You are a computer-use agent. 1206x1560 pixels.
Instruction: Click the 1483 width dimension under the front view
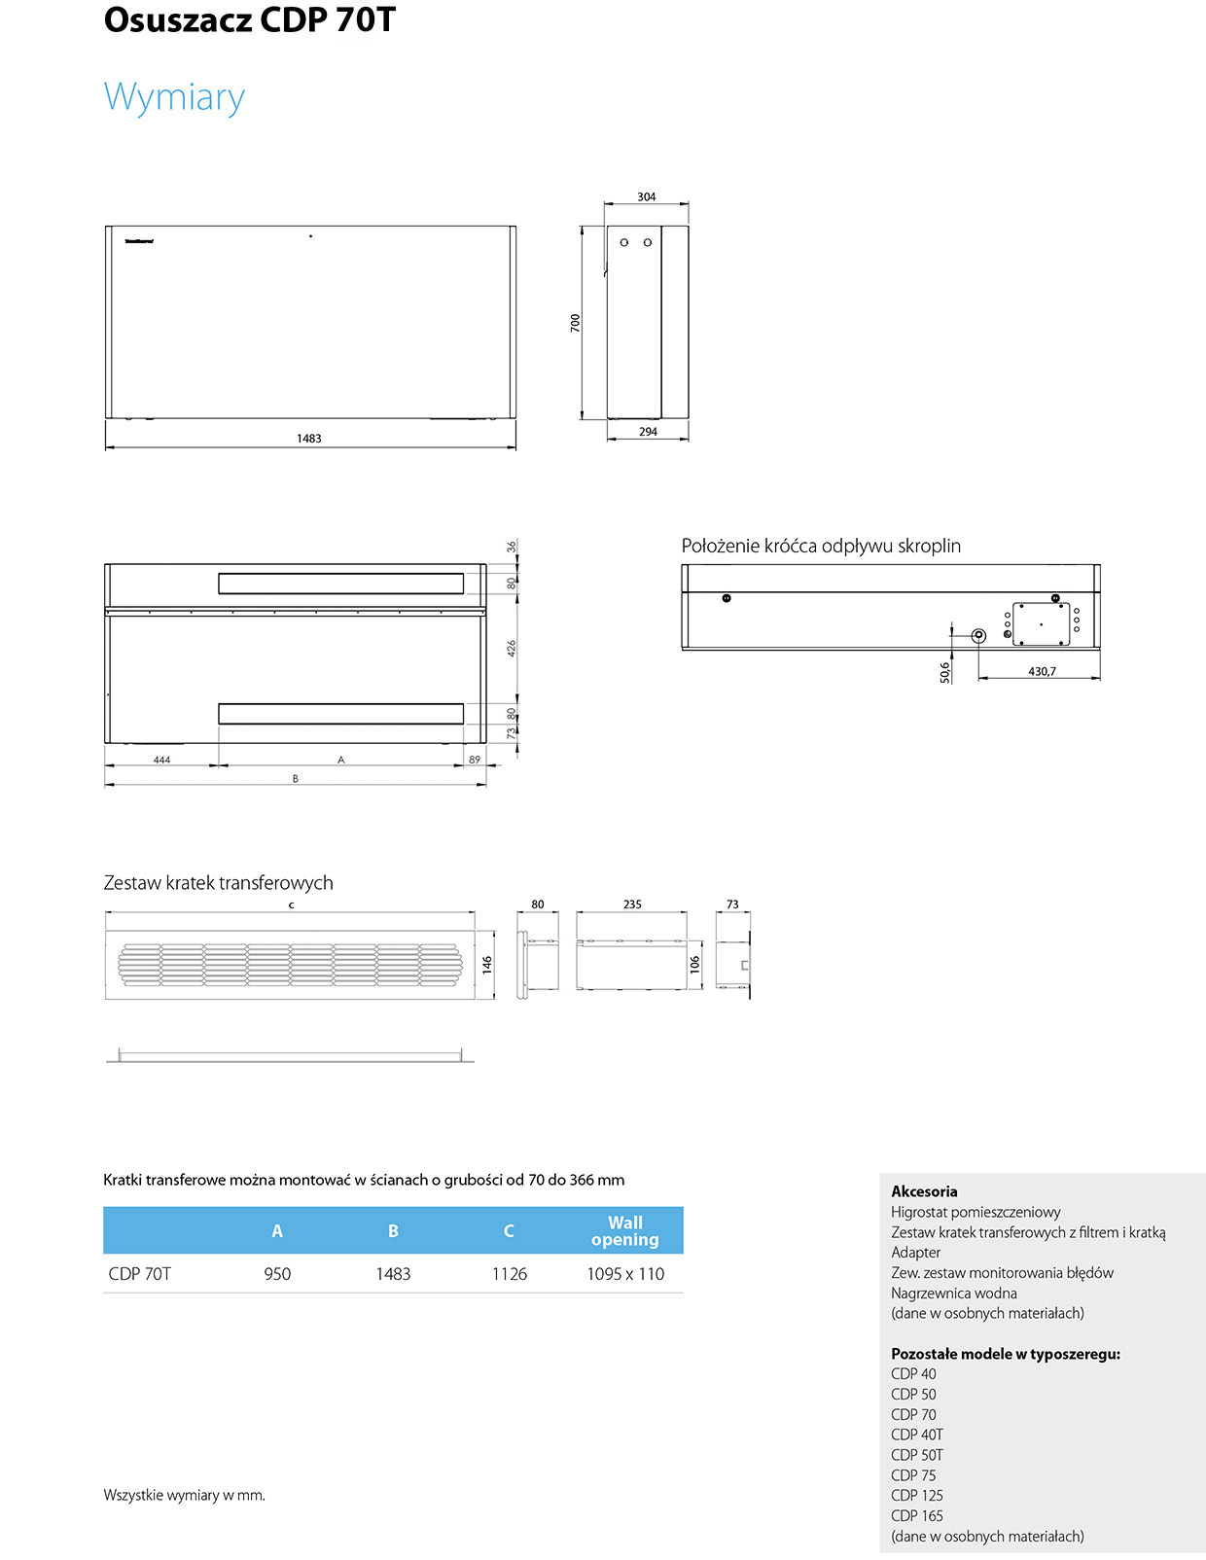(x=309, y=438)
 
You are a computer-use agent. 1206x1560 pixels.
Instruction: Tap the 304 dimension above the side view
(x=646, y=196)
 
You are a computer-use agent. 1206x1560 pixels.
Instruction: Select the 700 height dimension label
(x=575, y=323)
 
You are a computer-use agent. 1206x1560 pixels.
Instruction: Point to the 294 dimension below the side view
(x=648, y=432)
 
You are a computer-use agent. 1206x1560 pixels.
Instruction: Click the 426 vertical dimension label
(x=512, y=649)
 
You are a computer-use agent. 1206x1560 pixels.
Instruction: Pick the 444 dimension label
(x=161, y=760)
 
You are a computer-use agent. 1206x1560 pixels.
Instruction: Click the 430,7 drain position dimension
(x=1042, y=671)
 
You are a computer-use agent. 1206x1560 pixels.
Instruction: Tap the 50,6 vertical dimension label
(x=944, y=672)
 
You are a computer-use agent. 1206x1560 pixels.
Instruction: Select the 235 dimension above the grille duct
(x=632, y=904)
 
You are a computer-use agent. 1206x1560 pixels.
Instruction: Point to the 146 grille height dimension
(x=486, y=964)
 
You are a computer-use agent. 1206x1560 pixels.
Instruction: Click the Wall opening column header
(x=624, y=1230)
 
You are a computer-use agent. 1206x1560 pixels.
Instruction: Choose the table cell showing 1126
(x=509, y=1273)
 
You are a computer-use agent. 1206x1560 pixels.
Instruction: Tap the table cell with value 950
(x=277, y=1273)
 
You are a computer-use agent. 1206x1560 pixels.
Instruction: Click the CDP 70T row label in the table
(x=139, y=1273)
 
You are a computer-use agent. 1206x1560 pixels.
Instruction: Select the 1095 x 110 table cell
(x=625, y=1273)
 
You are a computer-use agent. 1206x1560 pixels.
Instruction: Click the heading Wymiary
(x=174, y=98)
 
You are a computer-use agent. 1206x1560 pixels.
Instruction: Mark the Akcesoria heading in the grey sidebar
(x=924, y=1191)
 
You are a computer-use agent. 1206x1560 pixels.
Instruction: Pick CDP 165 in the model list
(x=917, y=1515)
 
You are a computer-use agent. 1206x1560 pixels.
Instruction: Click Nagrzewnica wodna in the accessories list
(x=953, y=1293)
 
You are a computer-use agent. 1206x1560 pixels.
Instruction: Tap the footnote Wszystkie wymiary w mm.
(x=185, y=1495)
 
